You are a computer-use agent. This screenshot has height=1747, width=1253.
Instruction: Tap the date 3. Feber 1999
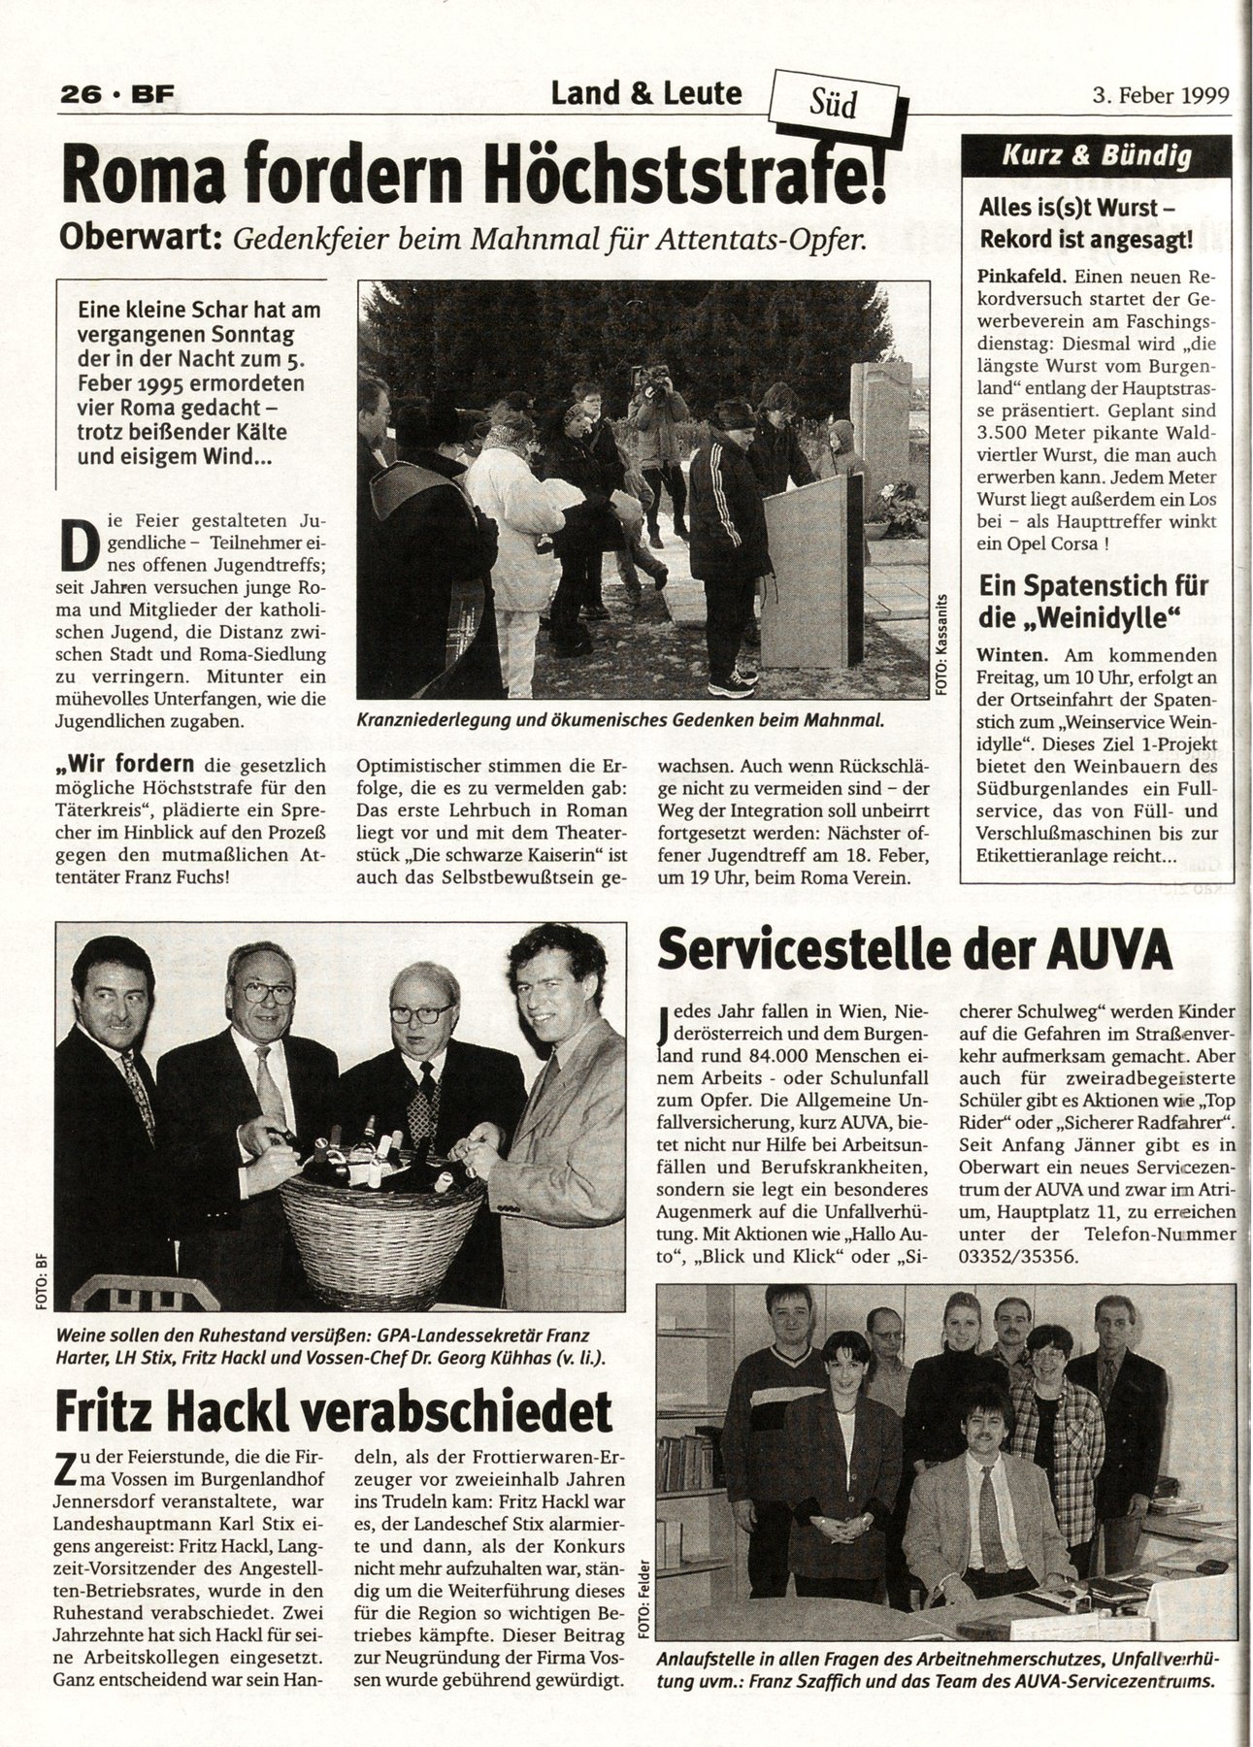pyautogui.click(x=1159, y=95)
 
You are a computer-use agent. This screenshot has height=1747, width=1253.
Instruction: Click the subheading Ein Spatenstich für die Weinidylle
pyautogui.click(x=1093, y=600)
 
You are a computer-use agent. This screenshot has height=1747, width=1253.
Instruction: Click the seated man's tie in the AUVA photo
pyautogui.click(x=990, y=1509)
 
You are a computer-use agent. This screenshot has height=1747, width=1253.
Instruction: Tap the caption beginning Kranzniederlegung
pyautogui.click(x=621, y=720)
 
